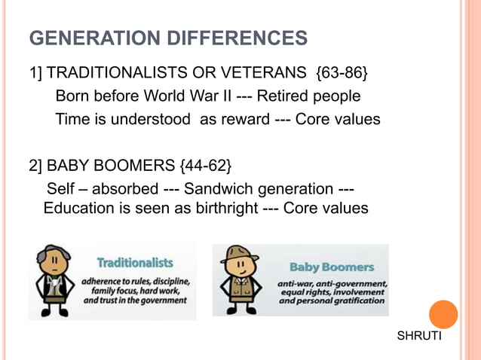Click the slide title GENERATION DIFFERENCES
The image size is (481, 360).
167,38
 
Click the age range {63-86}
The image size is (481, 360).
342,74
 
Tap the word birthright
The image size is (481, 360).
219,208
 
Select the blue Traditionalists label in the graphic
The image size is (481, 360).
134,263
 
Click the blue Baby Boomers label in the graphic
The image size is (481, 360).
332,267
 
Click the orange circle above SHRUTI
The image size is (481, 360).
443,315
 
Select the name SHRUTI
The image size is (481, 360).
419,336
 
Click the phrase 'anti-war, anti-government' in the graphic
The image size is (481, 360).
332,283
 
